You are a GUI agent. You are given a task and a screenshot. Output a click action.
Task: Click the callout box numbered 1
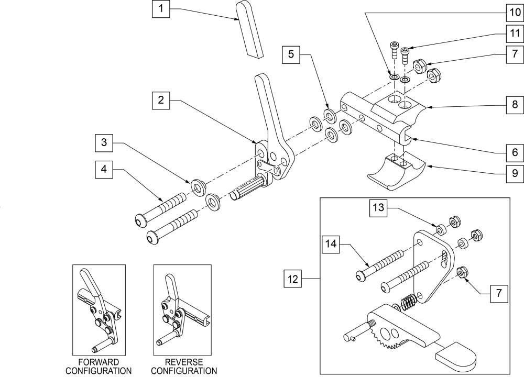click(x=161, y=9)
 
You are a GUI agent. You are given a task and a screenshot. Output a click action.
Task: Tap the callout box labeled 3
click(x=104, y=142)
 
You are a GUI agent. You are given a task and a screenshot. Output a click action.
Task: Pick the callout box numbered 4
click(x=104, y=169)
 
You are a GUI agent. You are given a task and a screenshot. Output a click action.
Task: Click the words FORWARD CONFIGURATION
click(x=99, y=367)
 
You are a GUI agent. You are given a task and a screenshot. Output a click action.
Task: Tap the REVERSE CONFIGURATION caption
click(x=182, y=367)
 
